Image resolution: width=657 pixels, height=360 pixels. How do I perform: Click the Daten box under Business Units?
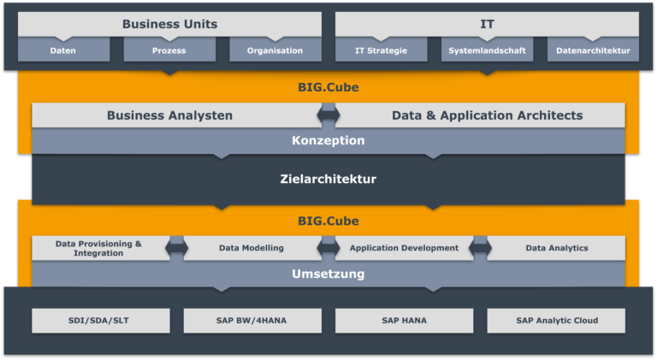[x=63, y=50]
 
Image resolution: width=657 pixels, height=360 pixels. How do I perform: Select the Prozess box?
[x=169, y=50]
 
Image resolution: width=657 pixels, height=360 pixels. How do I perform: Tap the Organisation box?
[x=275, y=50]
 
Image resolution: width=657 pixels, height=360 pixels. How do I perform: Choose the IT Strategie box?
[x=382, y=50]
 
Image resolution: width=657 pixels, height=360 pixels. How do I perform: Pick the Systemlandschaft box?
[x=487, y=50]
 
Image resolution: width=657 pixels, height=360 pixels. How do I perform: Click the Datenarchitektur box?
[x=593, y=50]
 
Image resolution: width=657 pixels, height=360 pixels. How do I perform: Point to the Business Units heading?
[x=169, y=24]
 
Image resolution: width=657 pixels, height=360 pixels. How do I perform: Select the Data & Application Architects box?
[x=480, y=115]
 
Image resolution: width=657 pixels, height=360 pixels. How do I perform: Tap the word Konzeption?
[x=328, y=140]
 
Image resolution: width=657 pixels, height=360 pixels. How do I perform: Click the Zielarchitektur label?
[x=328, y=179]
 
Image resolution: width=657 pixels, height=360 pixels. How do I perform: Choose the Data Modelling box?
[x=252, y=248]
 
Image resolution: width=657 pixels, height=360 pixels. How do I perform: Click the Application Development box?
[x=404, y=248]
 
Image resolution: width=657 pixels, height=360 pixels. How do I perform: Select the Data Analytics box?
[x=556, y=248]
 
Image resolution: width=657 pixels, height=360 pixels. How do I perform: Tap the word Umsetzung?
[x=328, y=274]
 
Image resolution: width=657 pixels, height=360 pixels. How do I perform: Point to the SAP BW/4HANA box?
[x=252, y=321]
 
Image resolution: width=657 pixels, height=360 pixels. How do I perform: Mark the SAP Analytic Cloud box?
[x=556, y=321]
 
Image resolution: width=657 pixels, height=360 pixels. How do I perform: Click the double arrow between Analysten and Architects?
[x=328, y=115]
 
